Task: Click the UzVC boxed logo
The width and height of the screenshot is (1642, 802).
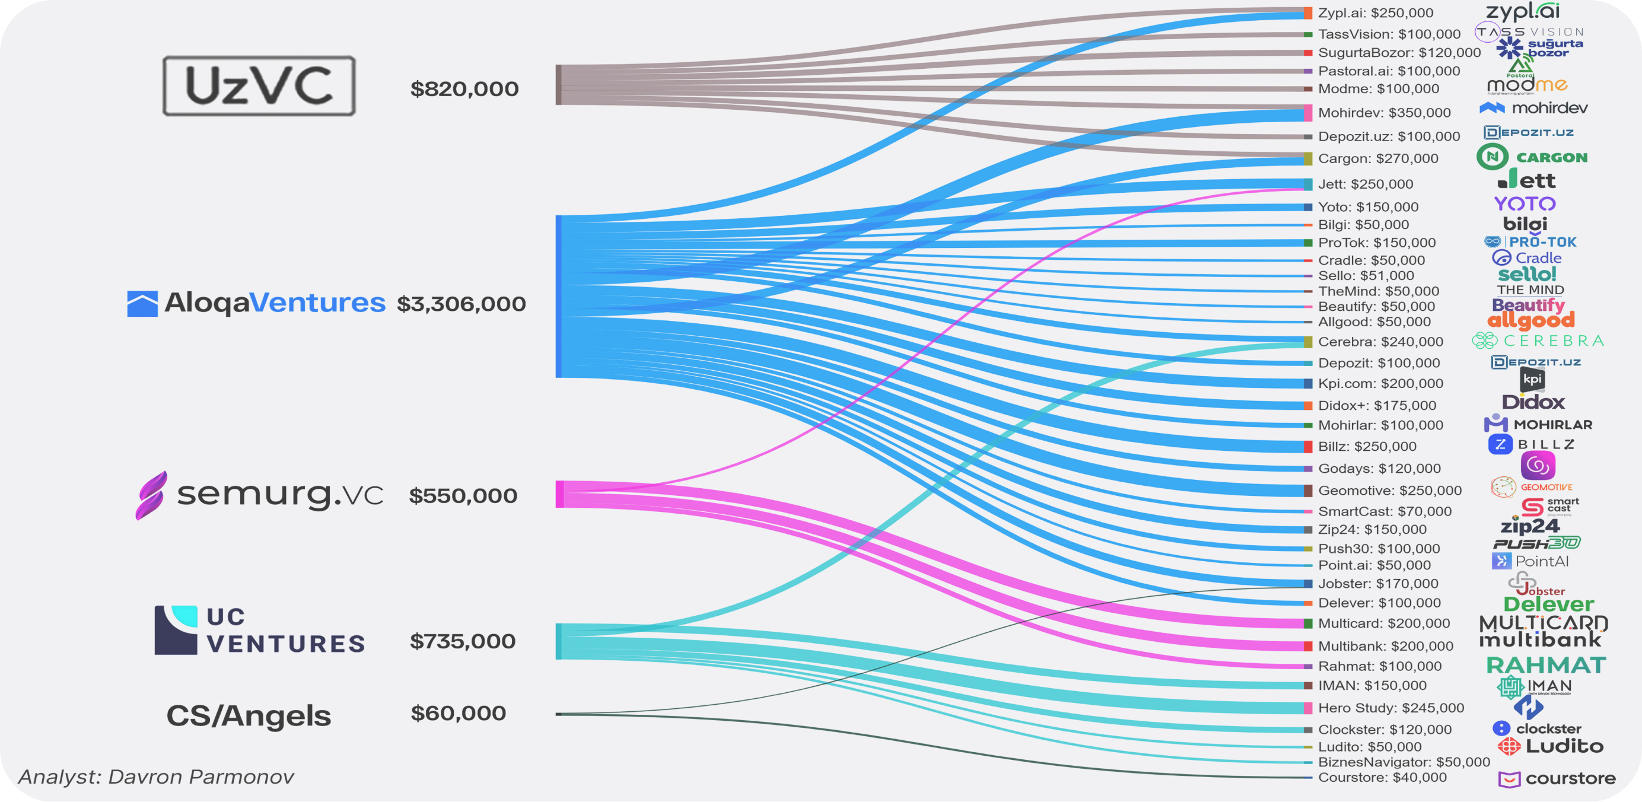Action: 259,85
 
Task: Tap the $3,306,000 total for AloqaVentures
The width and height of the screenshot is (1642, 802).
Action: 461,304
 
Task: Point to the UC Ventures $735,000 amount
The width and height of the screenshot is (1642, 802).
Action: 462,641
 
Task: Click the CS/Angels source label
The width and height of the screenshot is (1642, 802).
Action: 249,715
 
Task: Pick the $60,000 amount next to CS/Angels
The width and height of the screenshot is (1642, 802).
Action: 458,713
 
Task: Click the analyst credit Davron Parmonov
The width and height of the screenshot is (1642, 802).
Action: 156,776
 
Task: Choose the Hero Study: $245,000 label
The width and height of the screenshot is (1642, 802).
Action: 1390,708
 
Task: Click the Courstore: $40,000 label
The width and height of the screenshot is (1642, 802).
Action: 1382,777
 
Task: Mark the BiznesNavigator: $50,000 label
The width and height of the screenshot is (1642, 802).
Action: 1404,762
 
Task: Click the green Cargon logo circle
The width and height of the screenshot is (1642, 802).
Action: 1492,157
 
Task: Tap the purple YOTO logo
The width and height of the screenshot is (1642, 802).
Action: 1525,204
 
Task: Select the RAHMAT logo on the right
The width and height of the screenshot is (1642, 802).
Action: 1546,665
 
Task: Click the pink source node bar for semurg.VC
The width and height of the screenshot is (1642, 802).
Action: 559,494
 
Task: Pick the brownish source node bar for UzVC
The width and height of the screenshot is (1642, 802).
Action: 559,85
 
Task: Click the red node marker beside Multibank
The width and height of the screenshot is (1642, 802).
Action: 1308,646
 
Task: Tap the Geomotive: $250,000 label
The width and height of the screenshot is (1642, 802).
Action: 1389,490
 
